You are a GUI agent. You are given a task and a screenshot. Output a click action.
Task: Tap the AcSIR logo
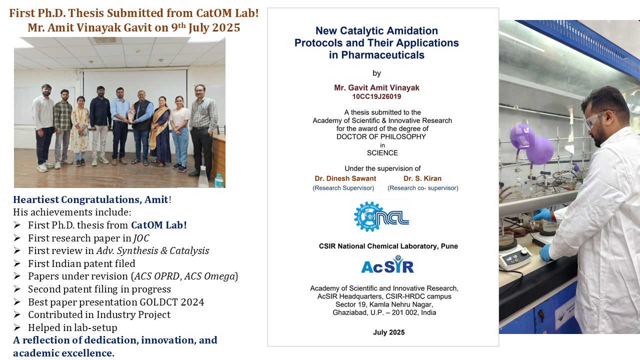click(x=387, y=264)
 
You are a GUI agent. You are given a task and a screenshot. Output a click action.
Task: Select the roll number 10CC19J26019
click(x=376, y=96)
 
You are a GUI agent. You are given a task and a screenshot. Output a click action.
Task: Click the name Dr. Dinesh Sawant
click(x=345, y=178)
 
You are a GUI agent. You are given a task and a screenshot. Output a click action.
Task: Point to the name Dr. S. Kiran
click(x=422, y=178)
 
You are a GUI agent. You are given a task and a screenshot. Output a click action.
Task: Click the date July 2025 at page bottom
click(x=388, y=332)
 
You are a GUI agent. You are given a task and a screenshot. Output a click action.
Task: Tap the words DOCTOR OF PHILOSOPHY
click(x=381, y=137)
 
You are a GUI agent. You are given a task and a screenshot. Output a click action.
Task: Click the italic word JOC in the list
click(x=141, y=238)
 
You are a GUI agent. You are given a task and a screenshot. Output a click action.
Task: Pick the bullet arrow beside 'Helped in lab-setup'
click(x=17, y=327)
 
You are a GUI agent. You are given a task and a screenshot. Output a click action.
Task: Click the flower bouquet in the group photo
click(x=131, y=113)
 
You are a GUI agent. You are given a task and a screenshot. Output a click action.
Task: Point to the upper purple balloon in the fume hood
click(x=522, y=136)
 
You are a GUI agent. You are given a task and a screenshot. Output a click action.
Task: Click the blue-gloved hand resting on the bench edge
click(x=545, y=252)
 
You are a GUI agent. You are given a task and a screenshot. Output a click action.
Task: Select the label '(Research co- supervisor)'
click(x=423, y=188)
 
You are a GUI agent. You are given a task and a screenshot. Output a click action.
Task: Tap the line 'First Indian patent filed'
click(x=81, y=263)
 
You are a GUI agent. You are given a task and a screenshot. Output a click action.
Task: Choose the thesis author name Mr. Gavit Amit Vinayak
click(x=376, y=87)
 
